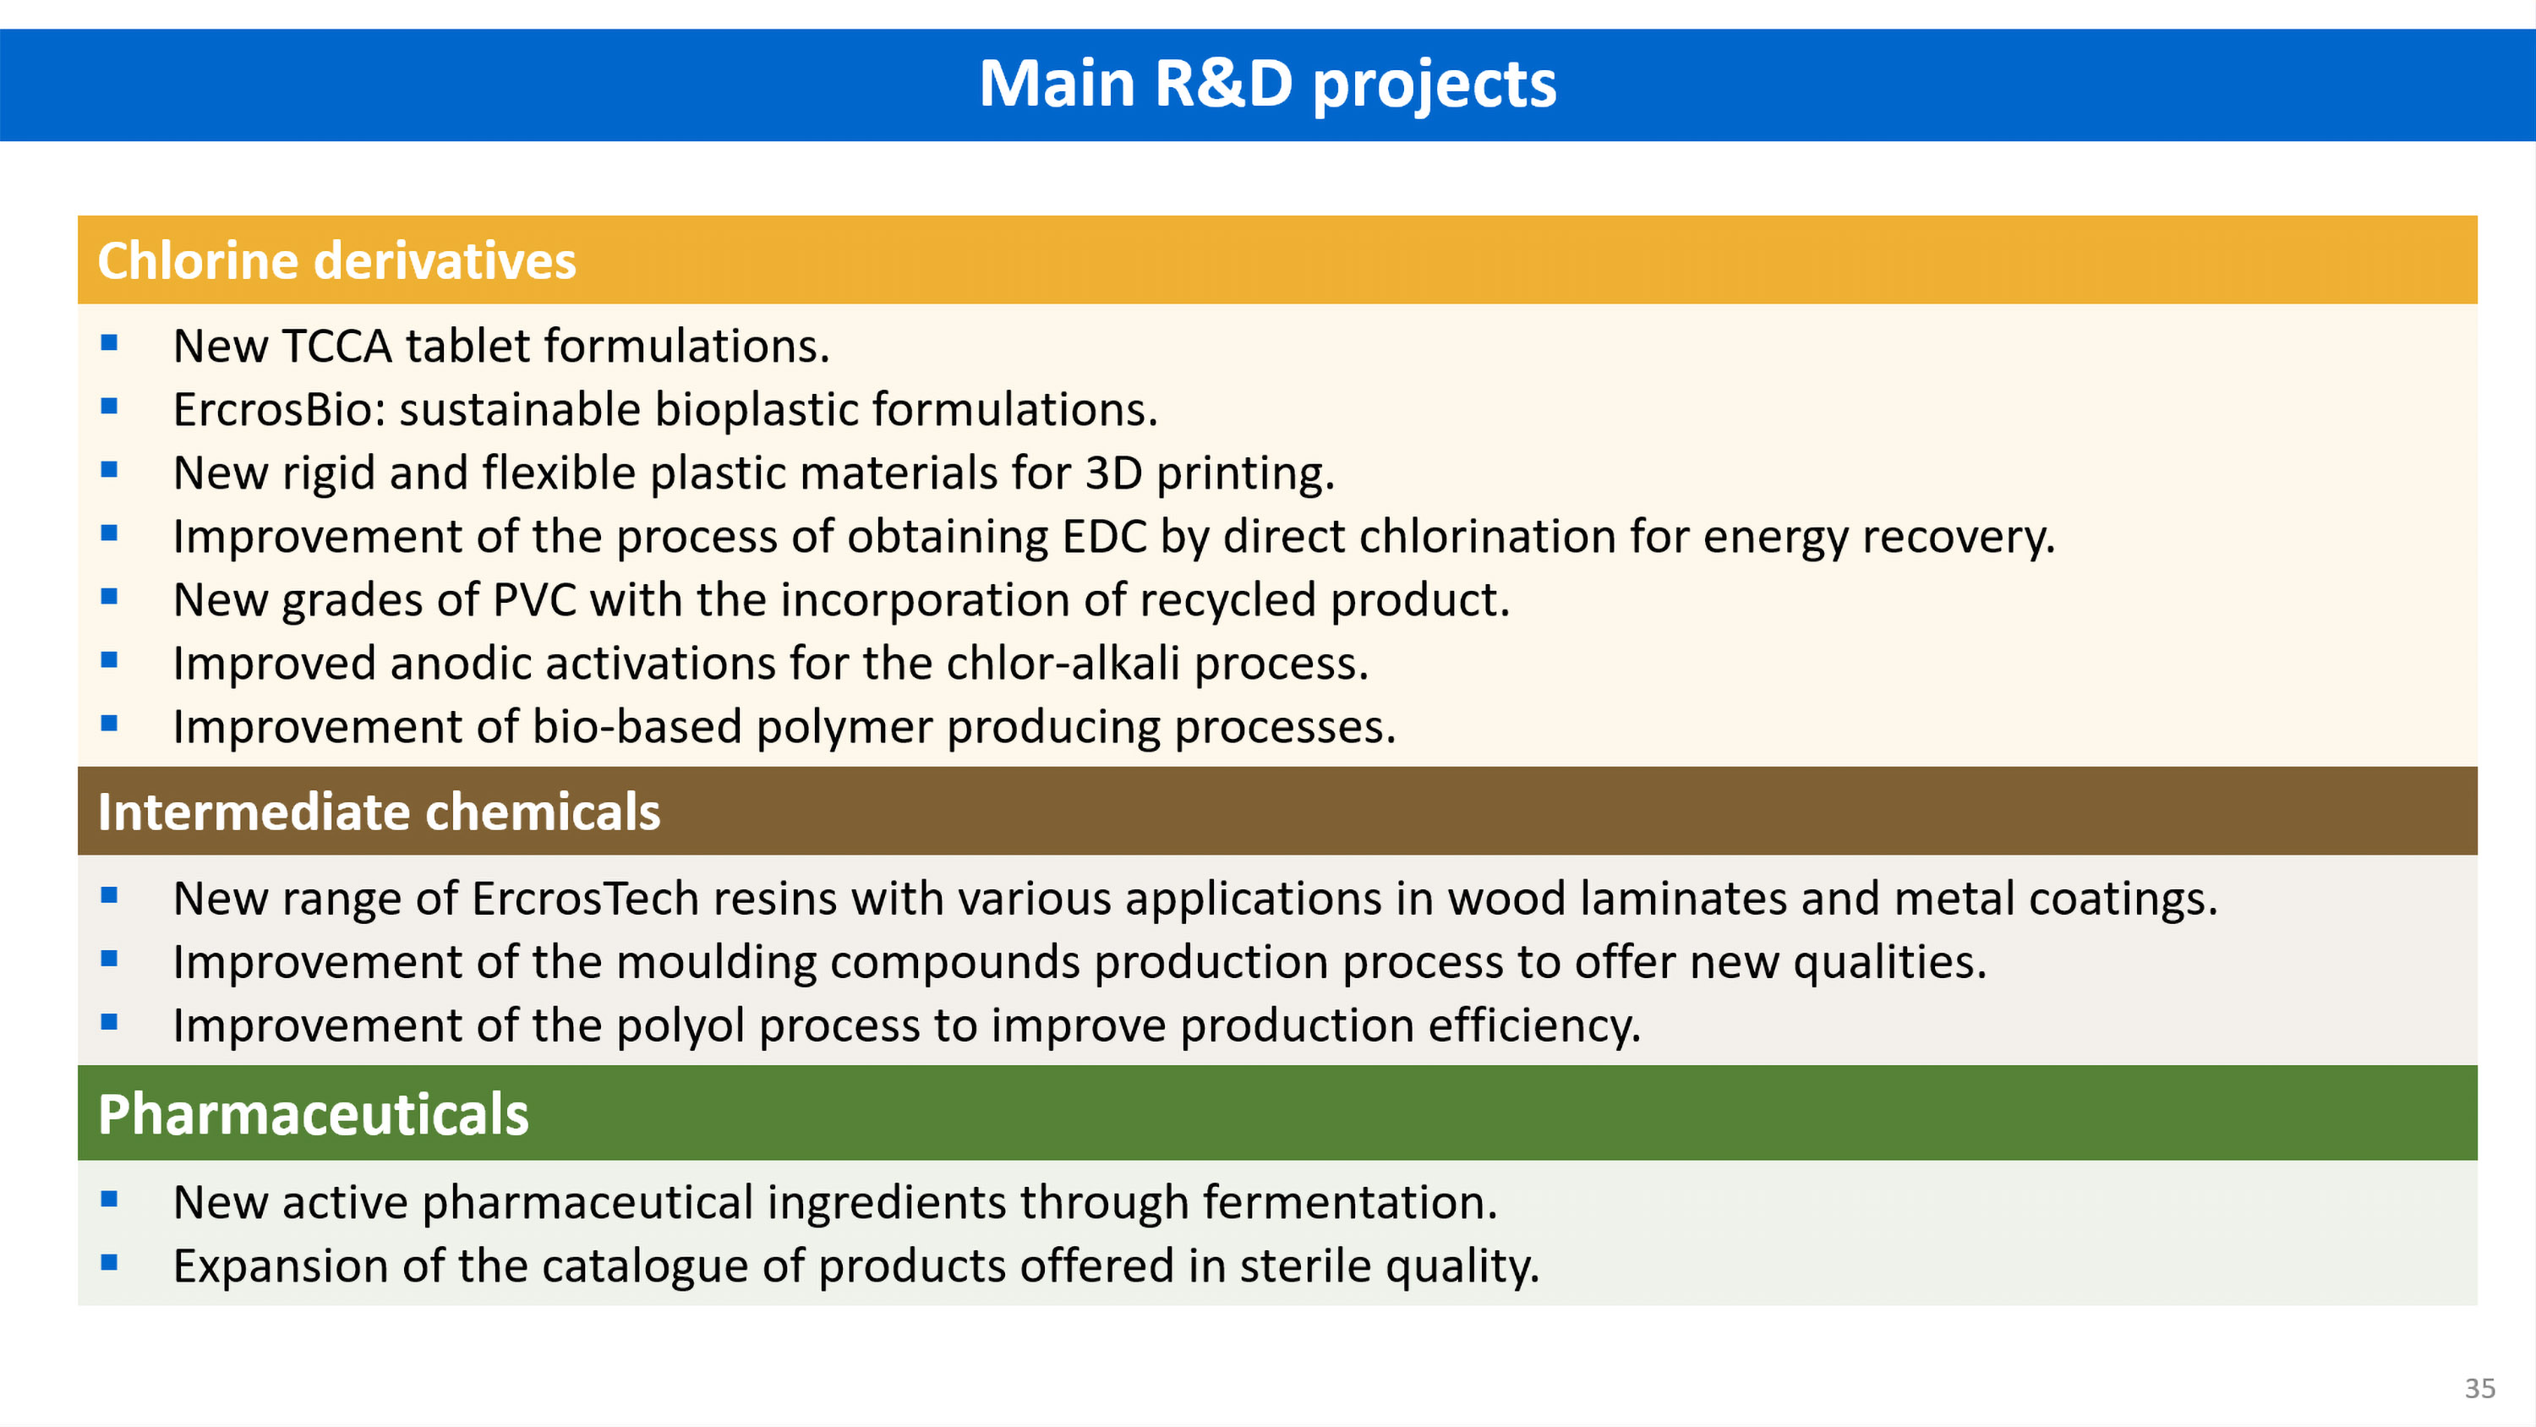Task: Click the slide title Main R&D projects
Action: click(1268, 85)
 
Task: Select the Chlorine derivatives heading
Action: click(336, 260)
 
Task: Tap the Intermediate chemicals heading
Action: click(379, 812)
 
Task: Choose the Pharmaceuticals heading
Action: click(313, 1114)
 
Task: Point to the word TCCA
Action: click(336, 346)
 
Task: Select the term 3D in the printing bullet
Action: click(1113, 473)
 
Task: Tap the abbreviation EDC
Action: click(1105, 537)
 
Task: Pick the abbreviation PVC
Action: click(534, 599)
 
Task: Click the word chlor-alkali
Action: click(1063, 663)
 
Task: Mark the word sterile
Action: click(1305, 1266)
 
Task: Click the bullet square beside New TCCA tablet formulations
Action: click(109, 342)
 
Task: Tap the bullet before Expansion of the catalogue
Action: click(109, 1261)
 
